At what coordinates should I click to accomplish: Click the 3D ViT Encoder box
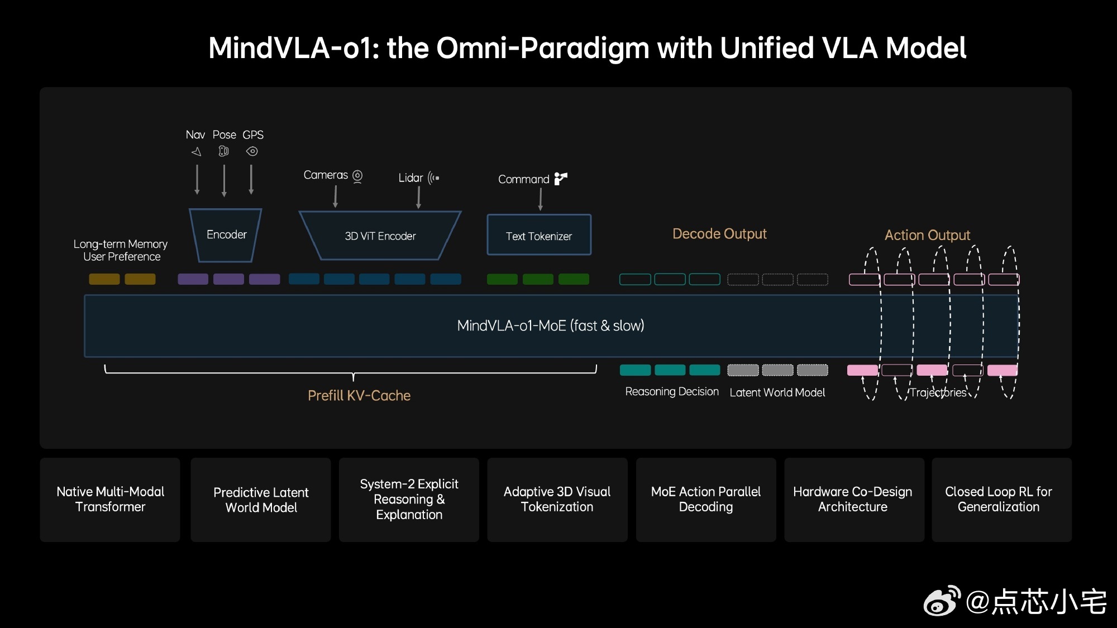[380, 236]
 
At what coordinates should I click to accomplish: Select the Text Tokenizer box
[539, 235]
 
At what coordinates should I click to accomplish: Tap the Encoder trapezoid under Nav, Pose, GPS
[226, 235]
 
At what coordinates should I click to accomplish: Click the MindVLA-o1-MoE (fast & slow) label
[551, 325]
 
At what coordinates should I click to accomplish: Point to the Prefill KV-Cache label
[359, 396]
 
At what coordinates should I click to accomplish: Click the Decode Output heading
[719, 234]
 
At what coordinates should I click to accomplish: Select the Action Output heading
[927, 235]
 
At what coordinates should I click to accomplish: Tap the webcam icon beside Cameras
[357, 176]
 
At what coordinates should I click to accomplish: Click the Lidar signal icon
[433, 178]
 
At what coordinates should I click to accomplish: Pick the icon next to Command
[561, 179]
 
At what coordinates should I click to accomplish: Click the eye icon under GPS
[252, 151]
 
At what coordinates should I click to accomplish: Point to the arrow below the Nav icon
[197, 179]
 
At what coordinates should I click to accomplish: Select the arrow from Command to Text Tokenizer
[540, 199]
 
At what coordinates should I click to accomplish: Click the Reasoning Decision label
[672, 392]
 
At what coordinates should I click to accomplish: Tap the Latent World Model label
[777, 392]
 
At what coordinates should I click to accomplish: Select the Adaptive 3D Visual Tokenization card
[557, 500]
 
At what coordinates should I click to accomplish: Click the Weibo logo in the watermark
[942, 601]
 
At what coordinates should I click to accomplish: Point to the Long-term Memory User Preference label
[121, 251]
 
